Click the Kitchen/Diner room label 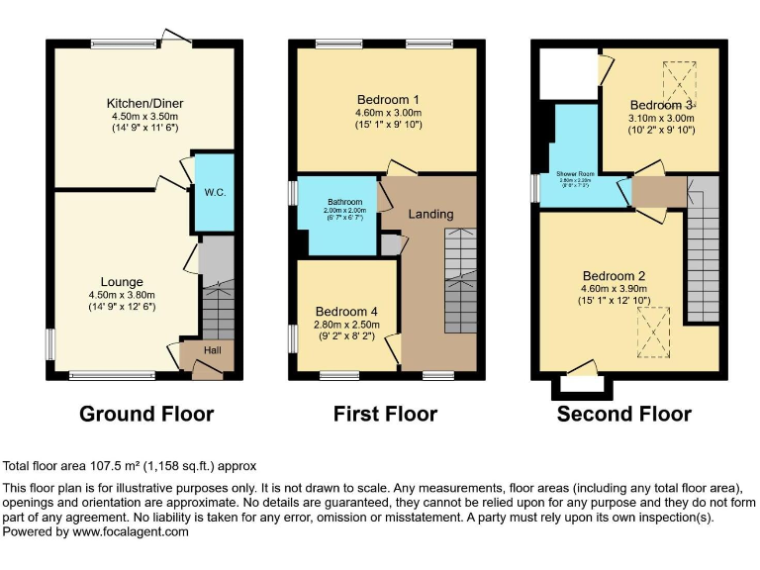[145, 103]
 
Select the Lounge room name [122, 281]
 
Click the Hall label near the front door [213, 350]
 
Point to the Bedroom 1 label [389, 99]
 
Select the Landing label [430, 214]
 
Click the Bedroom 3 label [661, 105]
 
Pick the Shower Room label [574, 172]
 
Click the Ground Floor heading [146, 414]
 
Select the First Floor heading [385, 414]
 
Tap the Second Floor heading [624, 414]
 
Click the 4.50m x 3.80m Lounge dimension [122, 294]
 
